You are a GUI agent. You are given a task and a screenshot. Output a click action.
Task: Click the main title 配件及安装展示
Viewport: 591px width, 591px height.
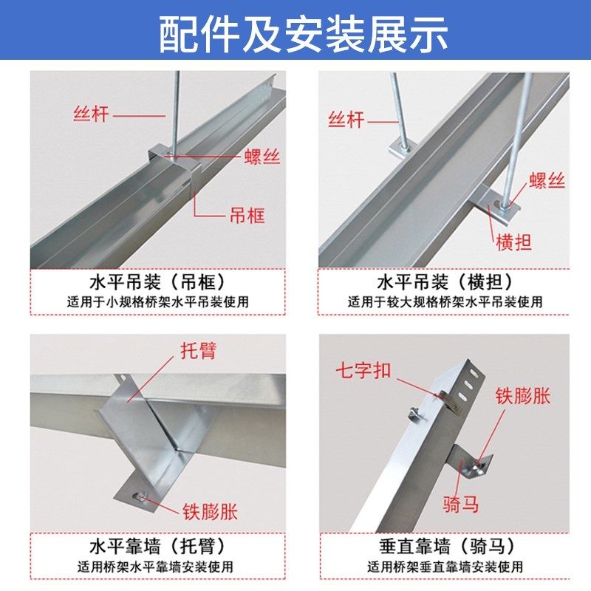(x=295, y=33)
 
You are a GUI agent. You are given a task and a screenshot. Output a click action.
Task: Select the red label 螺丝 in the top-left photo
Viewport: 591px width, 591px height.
(x=263, y=156)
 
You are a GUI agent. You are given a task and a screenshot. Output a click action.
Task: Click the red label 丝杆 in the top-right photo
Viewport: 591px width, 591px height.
(x=346, y=119)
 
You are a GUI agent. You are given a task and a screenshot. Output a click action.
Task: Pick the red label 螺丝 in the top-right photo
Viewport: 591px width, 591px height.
(x=547, y=180)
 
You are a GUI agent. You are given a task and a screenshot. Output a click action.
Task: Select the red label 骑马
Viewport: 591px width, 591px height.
(x=462, y=504)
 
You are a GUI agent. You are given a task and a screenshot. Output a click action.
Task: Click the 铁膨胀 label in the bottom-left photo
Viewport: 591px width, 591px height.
(x=211, y=510)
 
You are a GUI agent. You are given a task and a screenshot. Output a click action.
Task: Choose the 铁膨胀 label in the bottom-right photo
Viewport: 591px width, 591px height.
(x=523, y=395)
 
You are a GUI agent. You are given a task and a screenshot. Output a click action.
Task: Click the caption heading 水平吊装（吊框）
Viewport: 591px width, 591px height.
(x=156, y=282)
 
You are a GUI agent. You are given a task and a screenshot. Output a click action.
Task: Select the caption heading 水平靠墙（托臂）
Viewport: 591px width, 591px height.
(x=156, y=547)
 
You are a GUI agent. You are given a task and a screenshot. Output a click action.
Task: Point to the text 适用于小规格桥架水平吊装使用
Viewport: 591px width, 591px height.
(x=156, y=301)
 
